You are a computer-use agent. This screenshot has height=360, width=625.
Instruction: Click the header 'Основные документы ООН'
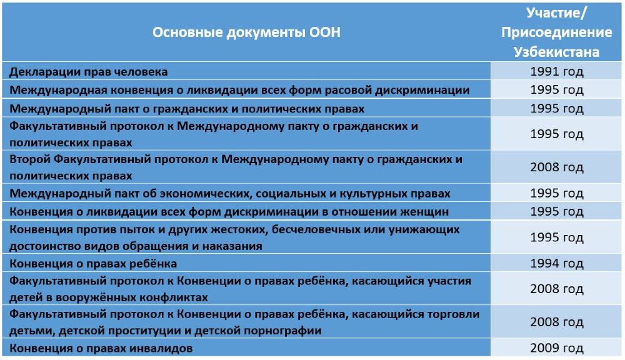(246, 32)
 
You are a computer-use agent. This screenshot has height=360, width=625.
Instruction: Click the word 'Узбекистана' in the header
(556, 52)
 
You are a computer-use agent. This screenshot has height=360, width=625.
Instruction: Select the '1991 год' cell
(556, 71)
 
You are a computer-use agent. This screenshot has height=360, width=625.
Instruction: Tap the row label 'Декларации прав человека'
(89, 72)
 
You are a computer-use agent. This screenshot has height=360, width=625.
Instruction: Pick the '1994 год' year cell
(556, 263)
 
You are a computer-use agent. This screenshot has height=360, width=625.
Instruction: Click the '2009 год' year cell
(556, 347)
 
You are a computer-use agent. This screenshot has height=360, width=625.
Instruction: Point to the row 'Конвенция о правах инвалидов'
(101, 348)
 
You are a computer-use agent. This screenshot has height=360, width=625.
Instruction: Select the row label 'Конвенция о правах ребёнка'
(93, 264)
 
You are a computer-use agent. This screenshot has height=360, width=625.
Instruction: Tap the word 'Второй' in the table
(29, 159)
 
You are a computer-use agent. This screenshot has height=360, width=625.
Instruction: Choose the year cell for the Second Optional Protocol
(556, 167)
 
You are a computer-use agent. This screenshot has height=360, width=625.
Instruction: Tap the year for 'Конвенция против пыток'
(556, 237)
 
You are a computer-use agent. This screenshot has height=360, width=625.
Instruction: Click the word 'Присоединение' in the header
(556, 32)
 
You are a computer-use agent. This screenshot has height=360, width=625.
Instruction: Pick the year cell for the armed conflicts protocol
(556, 289)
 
